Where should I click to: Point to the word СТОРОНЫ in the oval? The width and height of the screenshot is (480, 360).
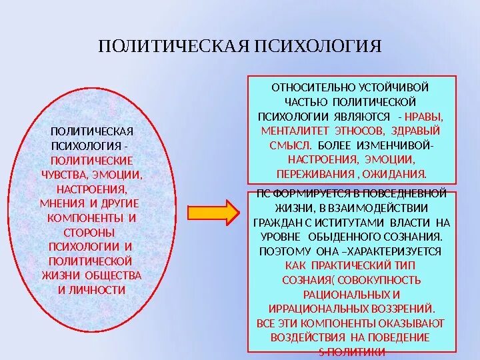point(89,232)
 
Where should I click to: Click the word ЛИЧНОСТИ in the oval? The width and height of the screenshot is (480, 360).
point(99,290)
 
